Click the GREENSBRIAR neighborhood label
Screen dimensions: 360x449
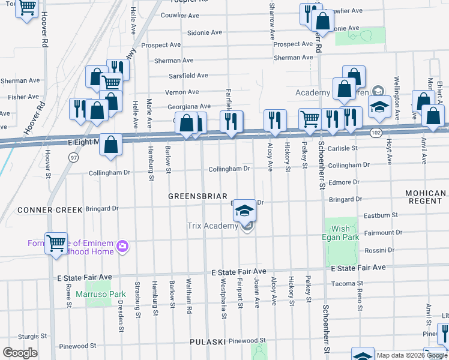point(197,196)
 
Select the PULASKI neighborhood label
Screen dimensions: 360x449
point(208,342)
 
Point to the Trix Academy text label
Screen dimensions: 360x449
point(213,226)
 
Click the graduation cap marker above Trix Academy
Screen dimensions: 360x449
point(244,210)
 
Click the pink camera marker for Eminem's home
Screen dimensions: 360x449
point(122,246)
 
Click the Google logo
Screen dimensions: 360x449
point(20,353)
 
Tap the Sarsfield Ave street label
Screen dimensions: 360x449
point(188,76)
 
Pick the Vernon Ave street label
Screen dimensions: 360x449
point(182,92)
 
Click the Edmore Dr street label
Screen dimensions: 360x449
point(344,182)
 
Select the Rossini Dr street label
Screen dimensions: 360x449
point(378,250)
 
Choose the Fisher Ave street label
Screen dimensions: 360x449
point(23,97)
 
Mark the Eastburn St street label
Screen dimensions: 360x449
point(381,215)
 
